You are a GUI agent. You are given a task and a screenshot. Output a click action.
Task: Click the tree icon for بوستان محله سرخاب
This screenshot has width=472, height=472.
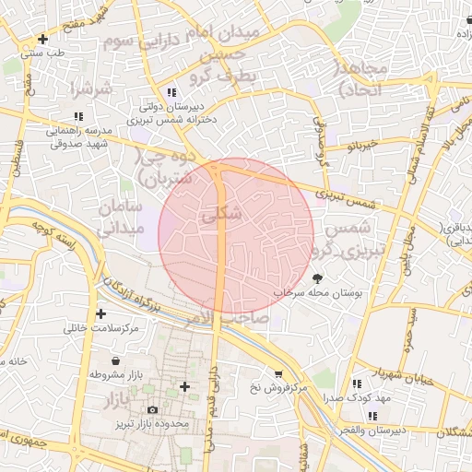[318, 277]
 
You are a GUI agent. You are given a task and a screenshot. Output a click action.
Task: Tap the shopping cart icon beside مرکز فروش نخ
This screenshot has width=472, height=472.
[278, 373]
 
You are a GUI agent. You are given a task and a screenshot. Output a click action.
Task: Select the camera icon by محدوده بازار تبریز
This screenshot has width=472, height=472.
[152, 409]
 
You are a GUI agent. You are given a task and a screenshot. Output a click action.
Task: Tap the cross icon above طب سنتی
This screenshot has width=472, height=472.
[42, 39]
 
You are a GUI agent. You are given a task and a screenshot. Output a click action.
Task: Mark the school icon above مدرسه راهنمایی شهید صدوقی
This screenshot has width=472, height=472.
[78, 116]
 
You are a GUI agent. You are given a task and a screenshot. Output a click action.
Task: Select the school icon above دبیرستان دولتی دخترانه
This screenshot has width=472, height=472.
[171, 91]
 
